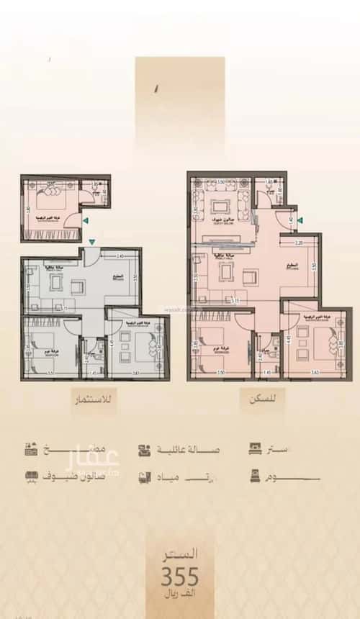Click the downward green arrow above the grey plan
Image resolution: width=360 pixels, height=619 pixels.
[x=91, y=243]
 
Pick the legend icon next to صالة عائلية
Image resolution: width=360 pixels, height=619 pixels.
[x=145, y=450]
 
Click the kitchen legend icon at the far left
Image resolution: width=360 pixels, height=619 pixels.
[x=31, y=450]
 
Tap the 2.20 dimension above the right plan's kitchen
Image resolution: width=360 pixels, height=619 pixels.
[x=299, y=243]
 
